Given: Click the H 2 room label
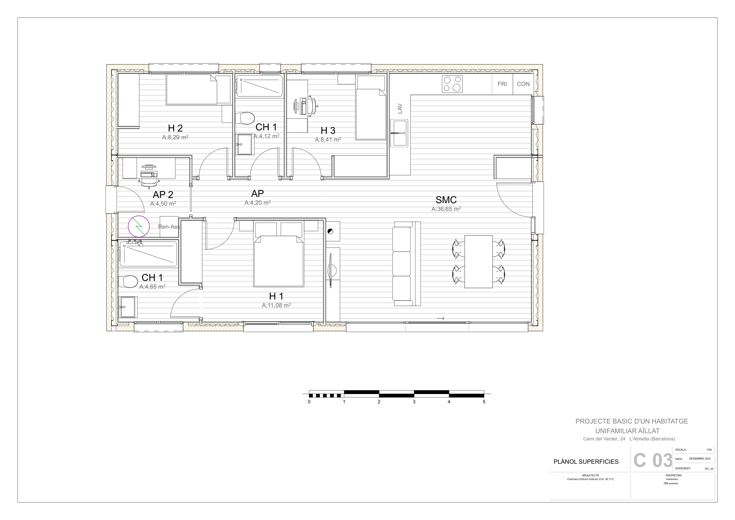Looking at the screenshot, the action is coord(175,128).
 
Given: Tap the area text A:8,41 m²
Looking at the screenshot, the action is coord(328,140).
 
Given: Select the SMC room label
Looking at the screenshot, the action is coord(446,200).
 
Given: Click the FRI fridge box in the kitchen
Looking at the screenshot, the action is coord(502,84).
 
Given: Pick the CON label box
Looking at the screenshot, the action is coord(523,84).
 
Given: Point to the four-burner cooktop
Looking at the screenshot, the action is coord(452,84).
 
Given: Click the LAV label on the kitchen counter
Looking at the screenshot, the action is coord(400,109).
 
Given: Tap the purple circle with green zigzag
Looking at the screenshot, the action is coord(139,226).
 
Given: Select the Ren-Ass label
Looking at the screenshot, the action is coord(169,227).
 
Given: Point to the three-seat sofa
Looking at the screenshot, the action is coord(407,264).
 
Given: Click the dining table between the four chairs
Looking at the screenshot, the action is coord(479,262).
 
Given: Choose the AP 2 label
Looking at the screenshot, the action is coord(163,195).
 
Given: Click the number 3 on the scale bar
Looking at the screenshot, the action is coord(414,402).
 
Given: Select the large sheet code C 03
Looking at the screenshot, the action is coord(653,461).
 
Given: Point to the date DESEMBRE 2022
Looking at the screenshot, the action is coord(700,459).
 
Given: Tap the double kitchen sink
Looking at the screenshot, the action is coord(399,133).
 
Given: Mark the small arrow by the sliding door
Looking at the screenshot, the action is coord(441,318).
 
